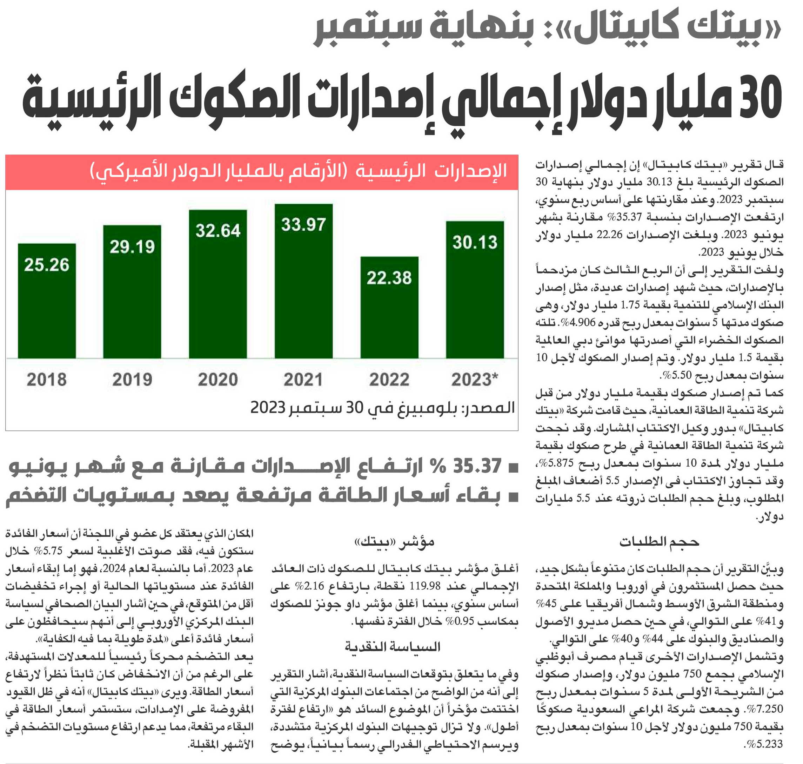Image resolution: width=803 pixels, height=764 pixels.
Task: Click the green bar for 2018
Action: pyautogui.click(x=47, y=301)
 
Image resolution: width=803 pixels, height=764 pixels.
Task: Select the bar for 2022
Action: pyautogui.click(x=389, y=308)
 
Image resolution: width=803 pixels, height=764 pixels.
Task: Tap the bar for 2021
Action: pyautogui.click(x=303, y=281)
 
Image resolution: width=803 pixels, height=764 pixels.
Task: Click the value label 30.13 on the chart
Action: pyautogui.click(x=475, y=242)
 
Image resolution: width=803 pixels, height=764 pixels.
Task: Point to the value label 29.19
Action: pyautogui.click(x=132, y=246)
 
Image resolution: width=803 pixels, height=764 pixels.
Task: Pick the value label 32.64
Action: pyautogui.click(x=218, y=231)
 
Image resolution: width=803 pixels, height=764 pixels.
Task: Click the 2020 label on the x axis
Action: pyautogui.click(x=218, y=380)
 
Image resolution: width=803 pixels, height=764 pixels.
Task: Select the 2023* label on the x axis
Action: pyautogui.click(x=475, y=380)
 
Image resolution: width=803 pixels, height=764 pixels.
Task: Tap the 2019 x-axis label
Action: pyautogui.click(x=132, y=380)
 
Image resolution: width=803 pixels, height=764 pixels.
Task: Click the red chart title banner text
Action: pyautogui.click(x=298, y=171)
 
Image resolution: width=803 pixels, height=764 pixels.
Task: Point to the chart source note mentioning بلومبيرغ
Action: pyautogui.click(x=383, y=408)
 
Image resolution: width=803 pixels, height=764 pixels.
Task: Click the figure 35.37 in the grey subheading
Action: pyautogui.click(x=477, y=466)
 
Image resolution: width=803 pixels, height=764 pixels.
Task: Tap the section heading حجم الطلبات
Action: pyautogui.click(x=659, y=542)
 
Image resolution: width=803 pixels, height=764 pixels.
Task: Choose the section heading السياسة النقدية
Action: pyautogui.click(x=393, y=647)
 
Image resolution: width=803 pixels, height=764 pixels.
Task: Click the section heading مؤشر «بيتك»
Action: pyautogui.click(x=394, y=542)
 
